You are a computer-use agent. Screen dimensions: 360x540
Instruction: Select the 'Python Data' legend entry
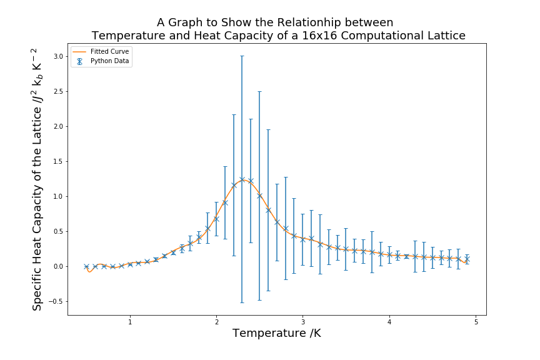(110, 61)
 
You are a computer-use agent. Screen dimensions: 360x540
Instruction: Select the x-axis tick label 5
(476, 322)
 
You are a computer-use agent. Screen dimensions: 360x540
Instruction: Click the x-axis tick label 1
(130, 322)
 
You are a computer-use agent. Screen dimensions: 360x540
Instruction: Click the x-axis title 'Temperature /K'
(276, 334)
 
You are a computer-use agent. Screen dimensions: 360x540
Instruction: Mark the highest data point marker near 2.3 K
(242, 179)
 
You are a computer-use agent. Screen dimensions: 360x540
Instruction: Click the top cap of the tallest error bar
(242, 56)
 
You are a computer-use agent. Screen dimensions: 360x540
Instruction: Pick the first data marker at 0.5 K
(87, 266)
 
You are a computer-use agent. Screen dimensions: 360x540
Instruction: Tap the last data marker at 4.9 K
(467, 259)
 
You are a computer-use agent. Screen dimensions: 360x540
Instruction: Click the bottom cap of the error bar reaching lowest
(242, 302)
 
